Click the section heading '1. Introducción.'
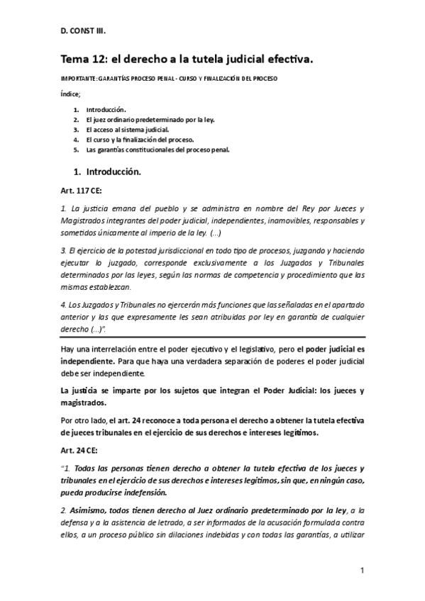107,172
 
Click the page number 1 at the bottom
362,571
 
